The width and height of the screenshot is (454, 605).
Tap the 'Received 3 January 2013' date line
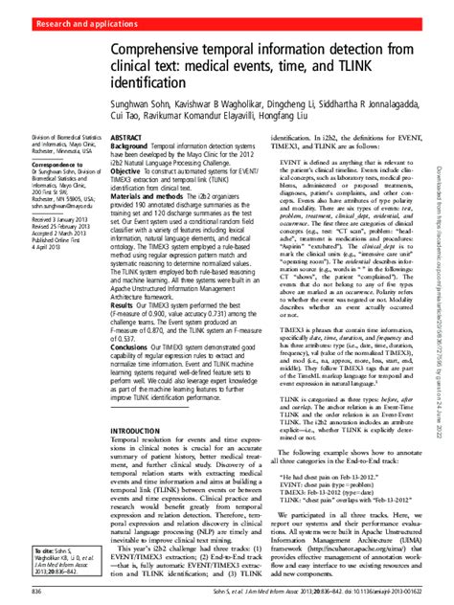coord(41,220)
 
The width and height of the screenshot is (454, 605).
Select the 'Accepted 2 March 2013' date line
coord(40,234)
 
